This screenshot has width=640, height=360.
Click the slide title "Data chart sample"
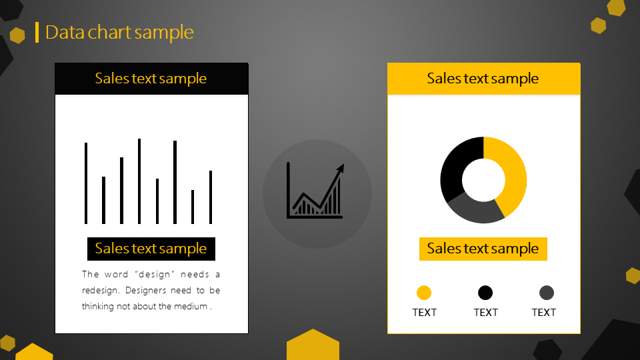pyautogui.click(x=119, y=32)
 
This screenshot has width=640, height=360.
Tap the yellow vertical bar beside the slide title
pyautogui.click(x=37, y=32)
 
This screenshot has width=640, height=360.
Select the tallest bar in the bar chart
pyautogui.click(x=139, y=181)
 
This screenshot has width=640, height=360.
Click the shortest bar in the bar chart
pyautogui.click(x=193, y=207)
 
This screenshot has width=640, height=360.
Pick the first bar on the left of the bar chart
pyautogui.click(x=86, y=183)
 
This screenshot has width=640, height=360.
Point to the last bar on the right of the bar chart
pyautogui.click(x=211, y=197)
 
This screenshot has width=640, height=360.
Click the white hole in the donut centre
pyautogui.click(x=484, y=180)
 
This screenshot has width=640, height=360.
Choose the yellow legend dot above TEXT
pyautogui.click(x=424, y=293)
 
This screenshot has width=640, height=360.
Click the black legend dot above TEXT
pyautogui.click(x=485, y=293)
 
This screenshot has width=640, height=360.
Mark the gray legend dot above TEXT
pyautogui.click(x=547, y=293)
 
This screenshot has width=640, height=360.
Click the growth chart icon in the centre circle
pyautogui.click(x=315, y=191)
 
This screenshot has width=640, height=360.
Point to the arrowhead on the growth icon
pyautogui.click(x=341, y=168)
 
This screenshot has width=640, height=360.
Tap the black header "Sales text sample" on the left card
pyautogui.click(x=151, y=79)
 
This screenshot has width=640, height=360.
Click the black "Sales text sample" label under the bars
pyautogui.click(x=151, y=249)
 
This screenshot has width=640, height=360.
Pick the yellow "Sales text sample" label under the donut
pyautogui.click(x=483, y=249)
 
